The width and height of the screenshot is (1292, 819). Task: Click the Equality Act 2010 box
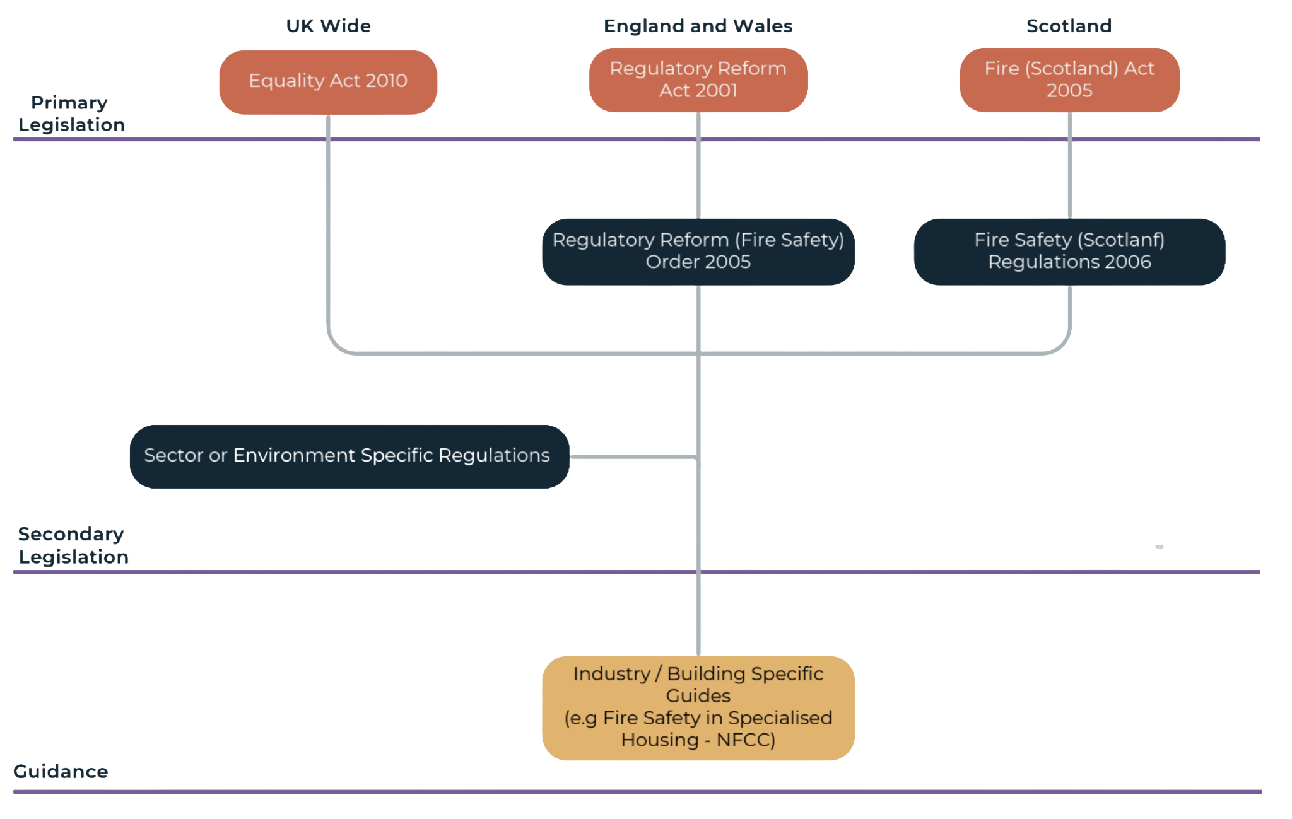328,81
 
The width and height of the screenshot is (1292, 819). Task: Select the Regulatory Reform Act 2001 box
698,80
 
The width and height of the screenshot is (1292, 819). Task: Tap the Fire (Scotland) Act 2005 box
1069,80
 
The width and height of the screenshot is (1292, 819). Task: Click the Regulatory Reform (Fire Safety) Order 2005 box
698,252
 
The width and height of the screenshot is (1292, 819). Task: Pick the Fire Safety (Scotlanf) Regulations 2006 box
1069,252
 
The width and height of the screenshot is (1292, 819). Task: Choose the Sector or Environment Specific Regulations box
348,456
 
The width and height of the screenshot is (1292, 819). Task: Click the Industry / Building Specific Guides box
698,707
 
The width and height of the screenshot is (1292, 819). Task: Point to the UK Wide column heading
328,26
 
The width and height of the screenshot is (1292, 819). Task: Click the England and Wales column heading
698,26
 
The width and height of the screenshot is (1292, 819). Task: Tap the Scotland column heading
1069,26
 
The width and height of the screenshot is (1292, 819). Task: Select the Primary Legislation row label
71,114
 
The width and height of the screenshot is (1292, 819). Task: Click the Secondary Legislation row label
73,545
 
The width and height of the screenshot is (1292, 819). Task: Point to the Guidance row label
61,771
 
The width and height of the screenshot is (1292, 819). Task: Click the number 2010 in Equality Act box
386,81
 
